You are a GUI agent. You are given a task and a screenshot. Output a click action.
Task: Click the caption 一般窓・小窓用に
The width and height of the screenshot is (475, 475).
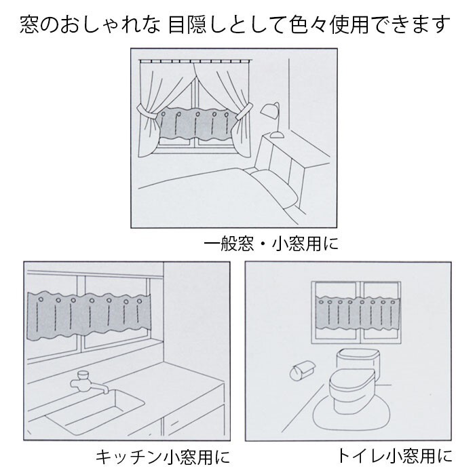tap(271, 242)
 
